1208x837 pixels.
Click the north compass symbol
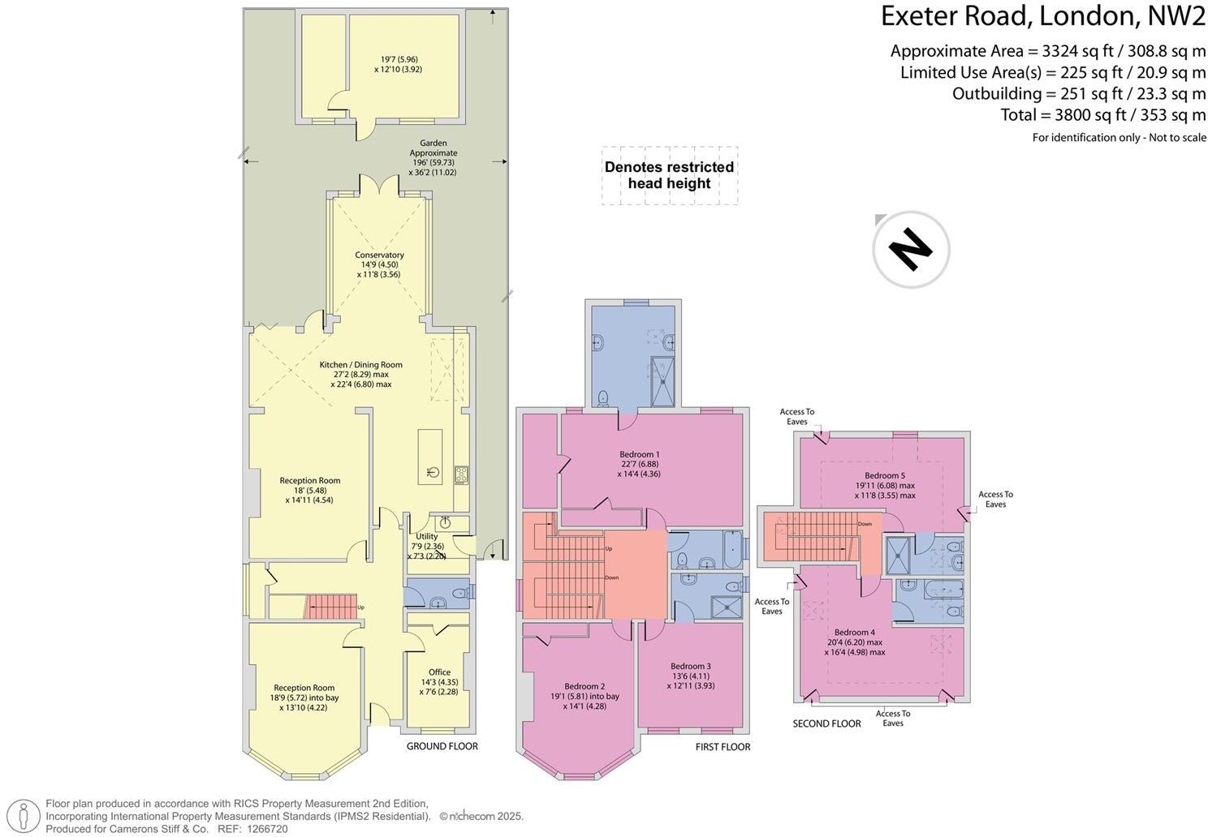(911, 249)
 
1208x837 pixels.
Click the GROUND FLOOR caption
(442, 746)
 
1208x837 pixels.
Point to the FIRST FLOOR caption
(723, 747)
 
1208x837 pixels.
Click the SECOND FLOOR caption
(826, 723)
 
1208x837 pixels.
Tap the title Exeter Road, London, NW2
(1042, 15)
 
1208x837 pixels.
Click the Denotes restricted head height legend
(669, 175)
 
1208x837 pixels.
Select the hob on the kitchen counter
(461, 474)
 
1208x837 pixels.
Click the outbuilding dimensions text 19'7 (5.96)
(398, 59)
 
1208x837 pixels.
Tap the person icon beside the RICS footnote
(24, 816)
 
